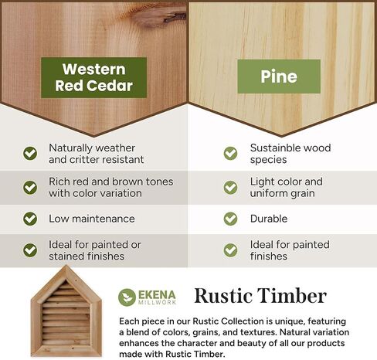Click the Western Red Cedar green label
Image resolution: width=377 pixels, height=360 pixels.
coord(93,77)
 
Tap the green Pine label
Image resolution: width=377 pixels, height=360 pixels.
coord(279,76)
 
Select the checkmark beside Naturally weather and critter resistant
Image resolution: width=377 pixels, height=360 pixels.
coord(30,154)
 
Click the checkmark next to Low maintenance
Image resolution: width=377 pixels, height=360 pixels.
coord(30,219)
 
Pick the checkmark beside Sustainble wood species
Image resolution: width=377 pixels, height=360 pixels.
coord(230,154)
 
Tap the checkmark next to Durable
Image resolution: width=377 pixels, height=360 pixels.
coord(230,219)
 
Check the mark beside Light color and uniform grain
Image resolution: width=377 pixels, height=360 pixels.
coord(230,187)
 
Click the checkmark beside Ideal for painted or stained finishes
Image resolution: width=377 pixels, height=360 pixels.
coord(30,250)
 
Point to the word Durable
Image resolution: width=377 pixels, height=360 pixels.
coord(269,219)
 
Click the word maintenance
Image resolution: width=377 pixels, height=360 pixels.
coord(104,219)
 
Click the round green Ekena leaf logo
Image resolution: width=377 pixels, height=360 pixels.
coord(127,297)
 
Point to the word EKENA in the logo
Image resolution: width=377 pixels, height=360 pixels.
coord(157,295)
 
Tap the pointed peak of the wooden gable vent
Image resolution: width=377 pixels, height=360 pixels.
coord(66,266)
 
